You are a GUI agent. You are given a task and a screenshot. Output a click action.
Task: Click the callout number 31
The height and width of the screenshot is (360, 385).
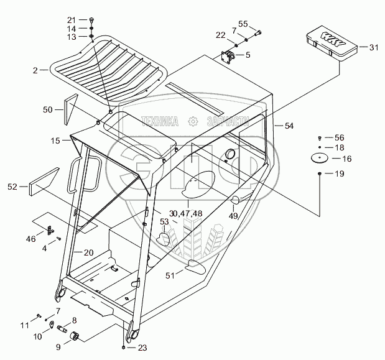373,48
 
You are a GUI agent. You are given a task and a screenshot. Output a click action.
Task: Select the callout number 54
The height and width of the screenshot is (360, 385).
289,126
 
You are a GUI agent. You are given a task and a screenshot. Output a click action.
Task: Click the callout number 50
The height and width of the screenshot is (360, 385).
48,110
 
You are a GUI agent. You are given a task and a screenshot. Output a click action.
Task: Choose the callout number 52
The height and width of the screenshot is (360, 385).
13,186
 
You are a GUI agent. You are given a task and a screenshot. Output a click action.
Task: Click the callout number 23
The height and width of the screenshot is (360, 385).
142,348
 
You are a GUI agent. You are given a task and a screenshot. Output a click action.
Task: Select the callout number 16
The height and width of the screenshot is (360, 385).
346,159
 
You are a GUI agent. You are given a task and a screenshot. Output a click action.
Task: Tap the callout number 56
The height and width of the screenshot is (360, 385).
339,137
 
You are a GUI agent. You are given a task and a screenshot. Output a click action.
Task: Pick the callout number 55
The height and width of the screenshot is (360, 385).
243,24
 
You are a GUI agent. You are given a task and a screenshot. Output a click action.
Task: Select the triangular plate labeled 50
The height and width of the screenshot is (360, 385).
70,109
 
